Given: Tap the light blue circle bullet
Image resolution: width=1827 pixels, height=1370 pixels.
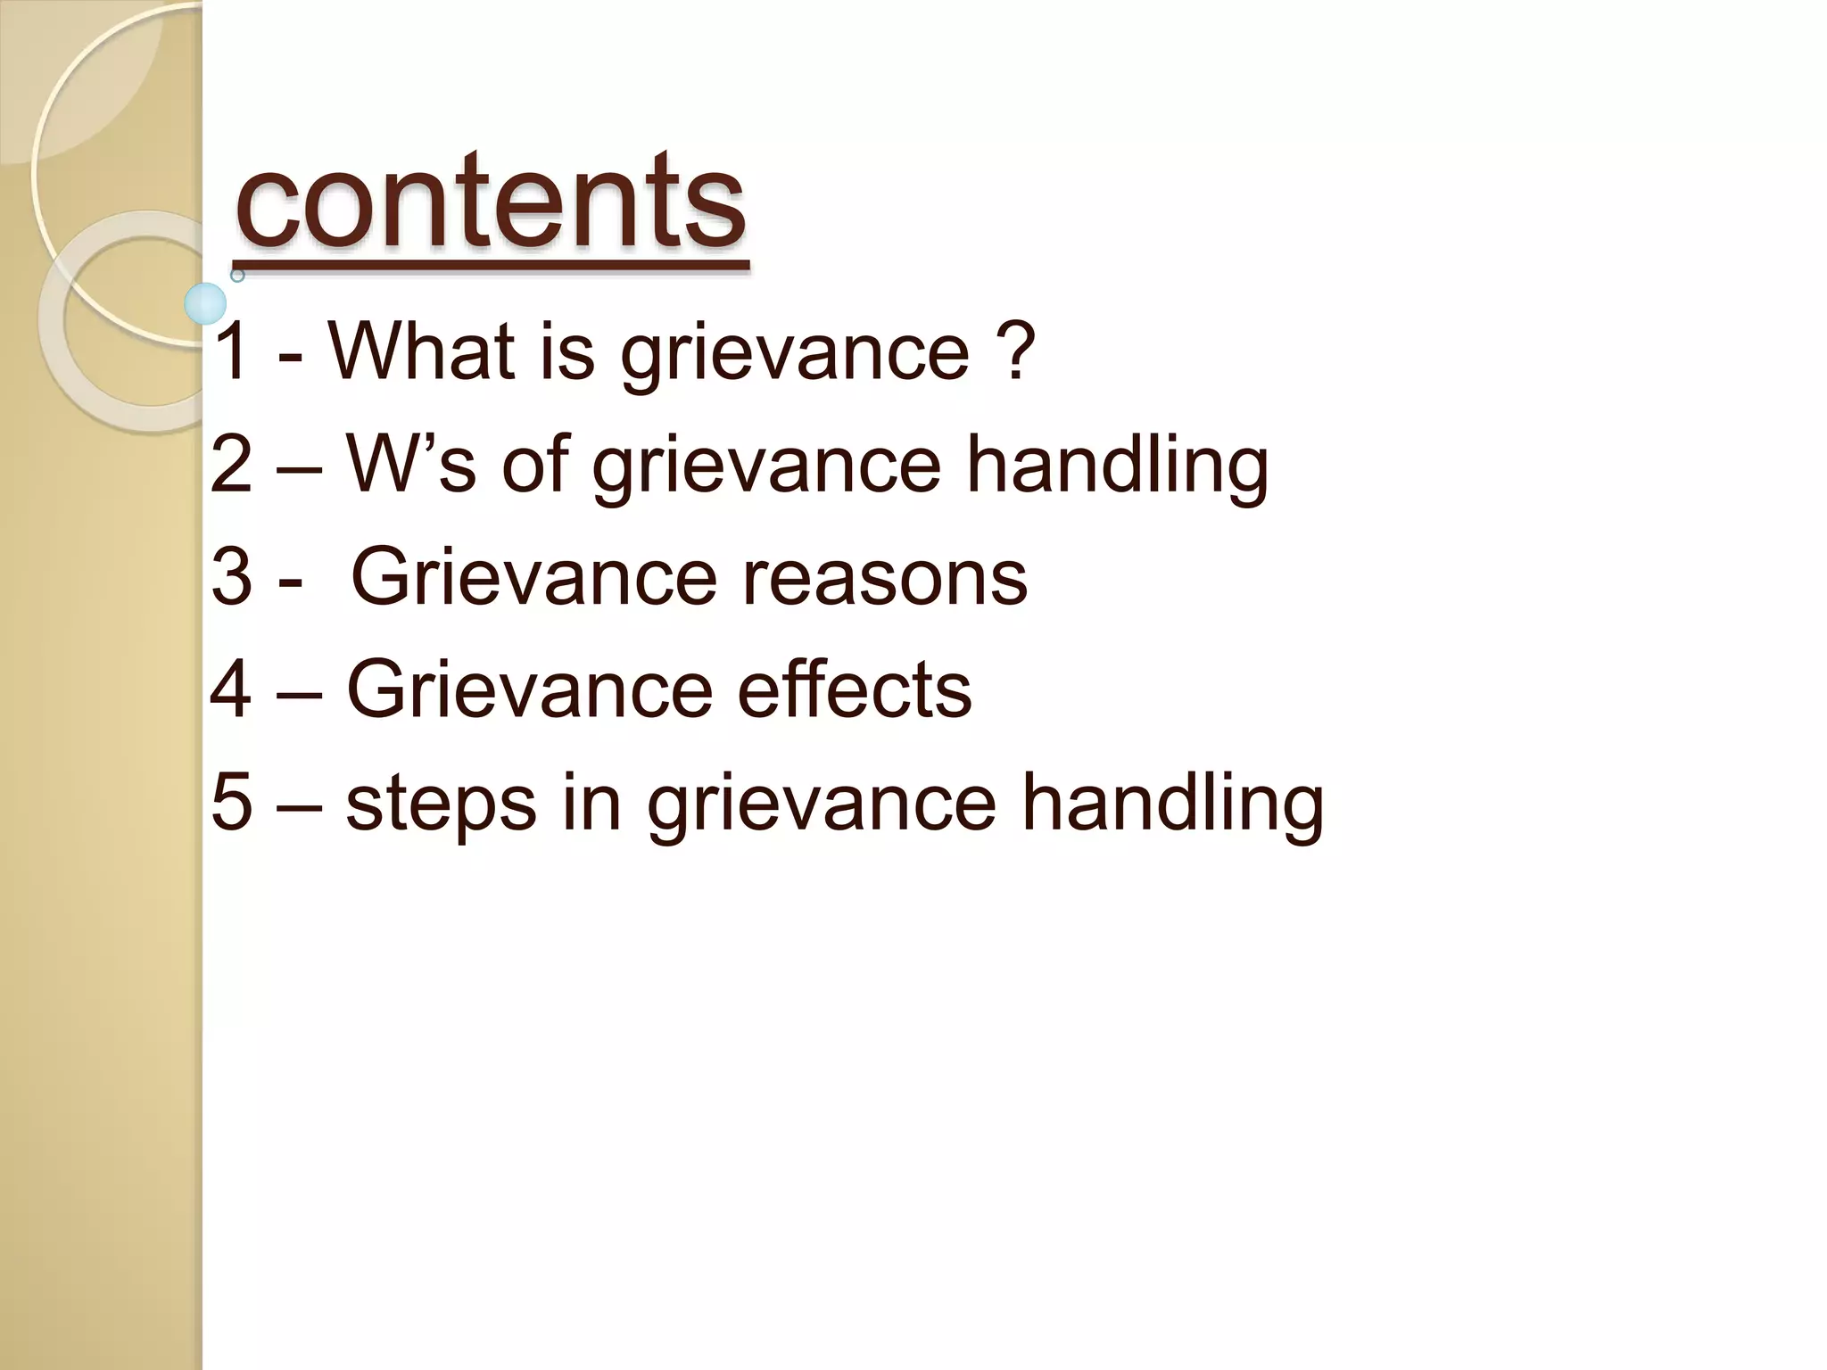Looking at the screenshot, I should (206, 303).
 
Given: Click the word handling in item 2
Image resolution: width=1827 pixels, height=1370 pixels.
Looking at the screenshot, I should (1117, 464).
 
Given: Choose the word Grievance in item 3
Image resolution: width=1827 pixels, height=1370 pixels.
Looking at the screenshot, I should (533, 577).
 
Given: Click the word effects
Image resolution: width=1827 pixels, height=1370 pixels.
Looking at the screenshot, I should (854, 689).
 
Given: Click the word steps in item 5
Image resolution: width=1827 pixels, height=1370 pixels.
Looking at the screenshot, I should (441, 802).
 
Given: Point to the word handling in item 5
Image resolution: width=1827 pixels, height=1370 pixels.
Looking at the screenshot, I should (1172, 802).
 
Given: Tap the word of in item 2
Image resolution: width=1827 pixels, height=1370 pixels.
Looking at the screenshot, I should (534, 464).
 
